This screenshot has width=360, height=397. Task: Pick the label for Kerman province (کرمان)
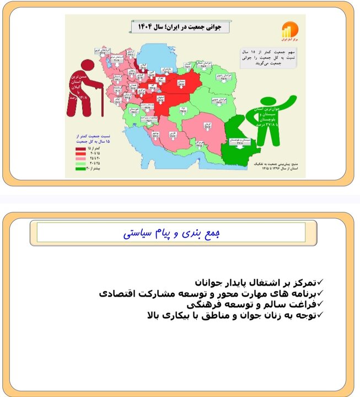pyautogui.click(x=207, y=127)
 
